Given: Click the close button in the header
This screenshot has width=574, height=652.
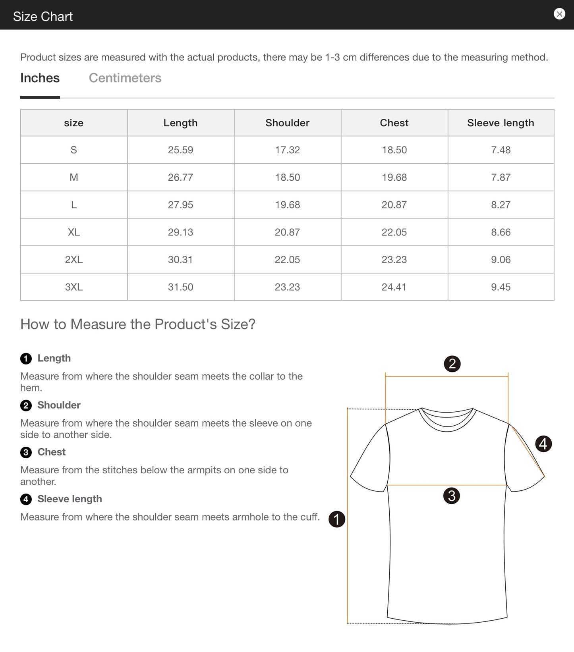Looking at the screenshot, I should (559, 14).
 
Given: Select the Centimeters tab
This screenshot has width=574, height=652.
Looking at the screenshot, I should (125, 78).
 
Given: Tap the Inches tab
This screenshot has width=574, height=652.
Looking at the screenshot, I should (40, 78).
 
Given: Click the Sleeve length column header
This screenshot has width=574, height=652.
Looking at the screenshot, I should (501, 123).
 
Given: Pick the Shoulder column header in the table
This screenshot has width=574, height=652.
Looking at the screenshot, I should (287, 123).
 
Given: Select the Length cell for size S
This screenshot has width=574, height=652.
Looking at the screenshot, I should (180, 150).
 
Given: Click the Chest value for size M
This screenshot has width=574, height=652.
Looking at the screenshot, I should (394, 177).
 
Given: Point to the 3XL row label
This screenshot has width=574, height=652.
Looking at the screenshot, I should (74, 287).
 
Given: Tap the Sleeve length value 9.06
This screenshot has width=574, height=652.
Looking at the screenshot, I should (501, 259).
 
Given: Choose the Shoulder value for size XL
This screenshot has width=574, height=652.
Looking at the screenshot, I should (287, 232).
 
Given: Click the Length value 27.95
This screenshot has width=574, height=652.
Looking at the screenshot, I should (180, 204).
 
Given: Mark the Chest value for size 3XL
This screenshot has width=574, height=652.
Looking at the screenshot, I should (394, 287).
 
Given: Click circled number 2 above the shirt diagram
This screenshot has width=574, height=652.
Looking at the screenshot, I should (452, 364).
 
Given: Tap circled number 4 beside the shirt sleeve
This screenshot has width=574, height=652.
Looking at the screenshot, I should (543, 444).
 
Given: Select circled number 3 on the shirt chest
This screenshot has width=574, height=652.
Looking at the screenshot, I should (451, 496).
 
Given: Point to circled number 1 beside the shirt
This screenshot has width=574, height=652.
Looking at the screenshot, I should (337, 519).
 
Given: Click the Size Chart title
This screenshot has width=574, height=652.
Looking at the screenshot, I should (43, 16).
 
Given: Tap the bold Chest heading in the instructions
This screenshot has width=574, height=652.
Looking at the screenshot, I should (52, 452).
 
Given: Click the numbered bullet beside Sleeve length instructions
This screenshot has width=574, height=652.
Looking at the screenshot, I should (26, 499).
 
